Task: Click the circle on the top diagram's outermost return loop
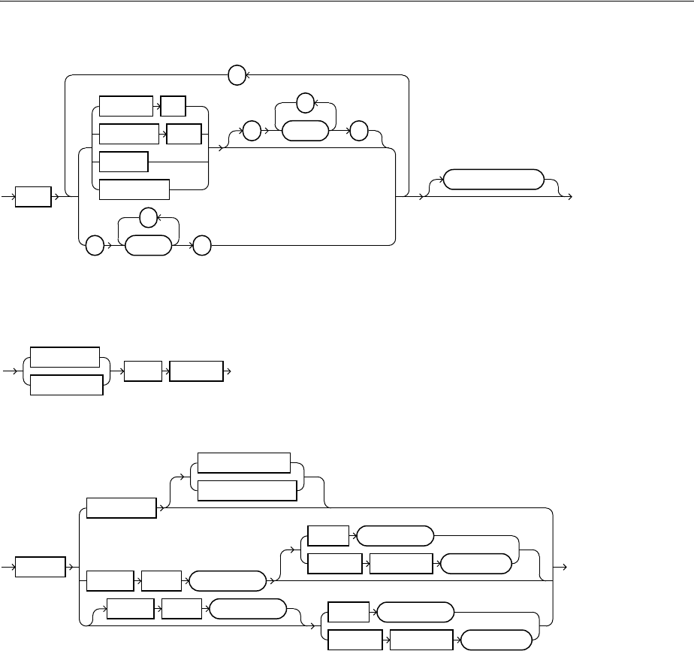pyautogui.click(x=237, y=75)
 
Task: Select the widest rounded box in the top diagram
pyautogui.click(x=493, y=180)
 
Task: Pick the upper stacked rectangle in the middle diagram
pyautogui.click(x=65, y=357)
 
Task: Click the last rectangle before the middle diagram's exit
pyautogui.click(x=197, y=371)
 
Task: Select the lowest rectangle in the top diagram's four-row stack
pyautogui.click(x=134, y=189)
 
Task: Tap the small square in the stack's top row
pyautogui.click(x=173, y=107)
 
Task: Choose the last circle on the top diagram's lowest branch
pyautogui.click(x=201, y=244)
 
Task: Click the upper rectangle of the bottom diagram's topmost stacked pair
pyautogui.click(x=243, y=463)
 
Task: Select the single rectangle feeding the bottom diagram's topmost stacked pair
pyautogui.click(x=122, y=508)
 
